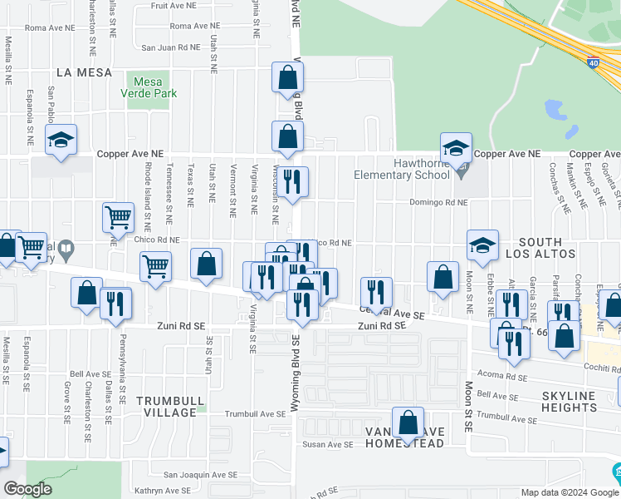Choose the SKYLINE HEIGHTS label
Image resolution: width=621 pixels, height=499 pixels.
coord(569,401)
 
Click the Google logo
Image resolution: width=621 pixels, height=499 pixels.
coord(27,489)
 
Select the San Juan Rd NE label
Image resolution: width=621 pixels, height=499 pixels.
coord(170,47)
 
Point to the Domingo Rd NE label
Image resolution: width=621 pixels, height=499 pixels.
coord(438,202)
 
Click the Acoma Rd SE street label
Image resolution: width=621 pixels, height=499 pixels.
coord(500,377)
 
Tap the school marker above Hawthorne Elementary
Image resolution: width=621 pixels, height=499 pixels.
coord(456,148)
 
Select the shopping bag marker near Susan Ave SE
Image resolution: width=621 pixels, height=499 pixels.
coord(408,423)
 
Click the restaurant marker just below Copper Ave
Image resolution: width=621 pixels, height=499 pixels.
coord(291,183)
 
